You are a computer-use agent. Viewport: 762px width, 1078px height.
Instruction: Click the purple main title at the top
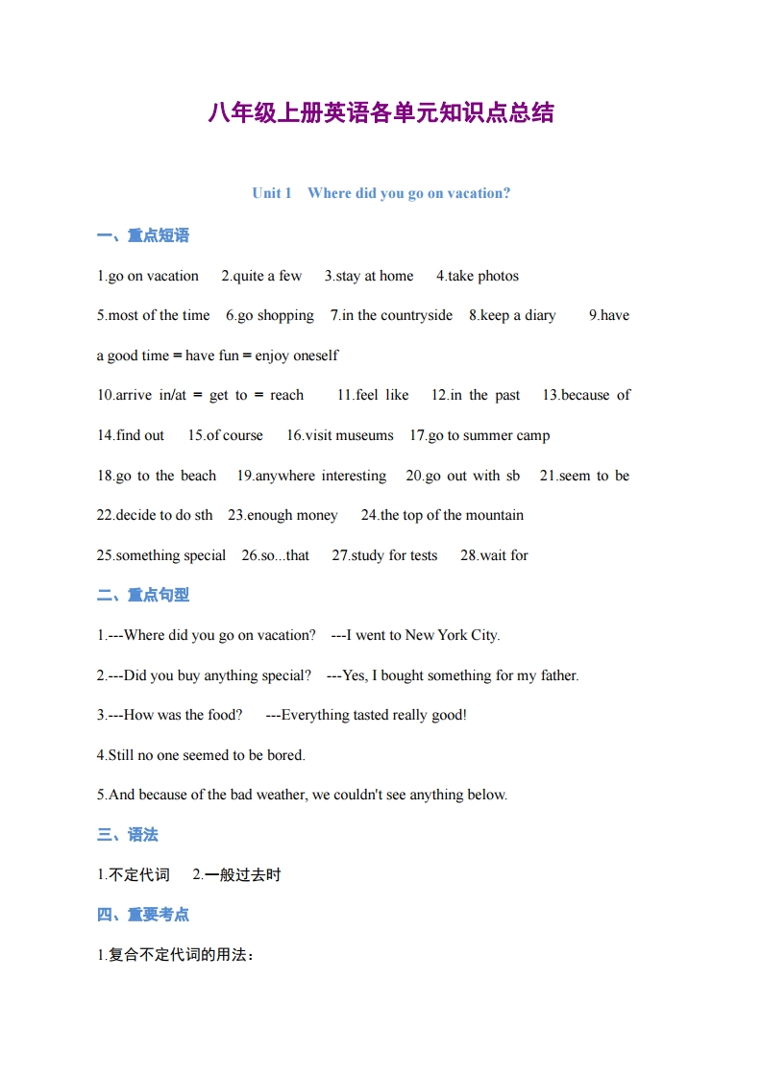point(381,112)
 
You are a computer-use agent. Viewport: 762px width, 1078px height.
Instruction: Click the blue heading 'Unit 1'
point(271,193)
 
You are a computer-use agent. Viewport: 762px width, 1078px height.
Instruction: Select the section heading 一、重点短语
point(143,235)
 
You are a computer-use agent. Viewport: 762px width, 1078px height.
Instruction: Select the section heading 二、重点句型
point(143,596)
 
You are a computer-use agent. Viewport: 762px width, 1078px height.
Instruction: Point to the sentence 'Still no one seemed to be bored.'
point(201,755)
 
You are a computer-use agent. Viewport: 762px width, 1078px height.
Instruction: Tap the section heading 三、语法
point(128,835)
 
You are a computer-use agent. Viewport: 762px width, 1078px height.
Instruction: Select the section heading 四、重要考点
point(143,915)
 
